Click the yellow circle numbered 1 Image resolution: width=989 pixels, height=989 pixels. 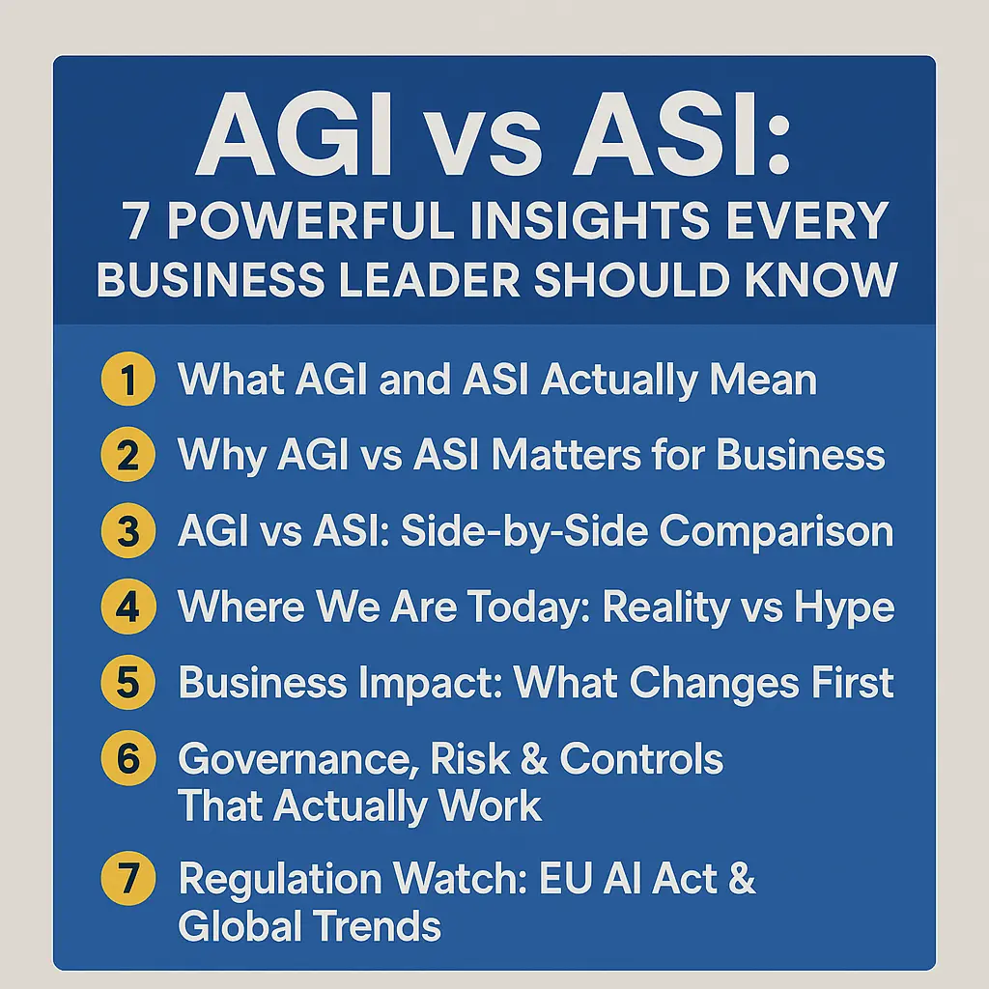click(x=127, y=380)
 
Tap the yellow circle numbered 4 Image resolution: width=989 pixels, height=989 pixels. click(x=127, y=607)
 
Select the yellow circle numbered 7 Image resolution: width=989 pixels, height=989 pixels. click(x=127, y=880)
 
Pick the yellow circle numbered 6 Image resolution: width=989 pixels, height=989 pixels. click(x=127, y=759)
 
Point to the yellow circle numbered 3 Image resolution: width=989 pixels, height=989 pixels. click(x=127, y=531)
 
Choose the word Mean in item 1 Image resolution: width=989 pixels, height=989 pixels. click(x=764, y=380)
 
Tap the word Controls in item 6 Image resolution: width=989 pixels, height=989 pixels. click(x=641, y=759)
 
